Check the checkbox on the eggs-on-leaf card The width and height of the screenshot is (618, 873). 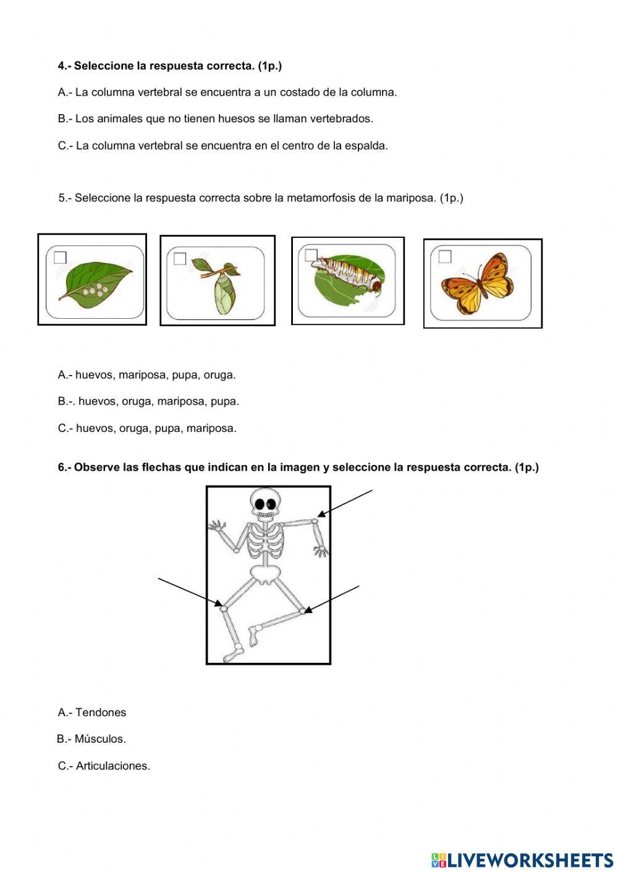coord(60,258)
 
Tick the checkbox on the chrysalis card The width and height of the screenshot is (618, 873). coord(180,259)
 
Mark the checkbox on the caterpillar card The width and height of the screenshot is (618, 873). coord(311,255)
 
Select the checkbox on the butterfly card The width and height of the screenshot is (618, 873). coord(445,256)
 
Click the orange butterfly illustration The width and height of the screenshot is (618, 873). coord(477,284)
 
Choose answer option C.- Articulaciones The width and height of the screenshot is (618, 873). coord(104,765)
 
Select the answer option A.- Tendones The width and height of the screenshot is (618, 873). coord(92,712)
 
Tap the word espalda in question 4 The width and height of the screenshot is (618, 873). coord(367,146)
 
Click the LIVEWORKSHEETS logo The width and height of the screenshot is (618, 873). coord(522,859)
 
